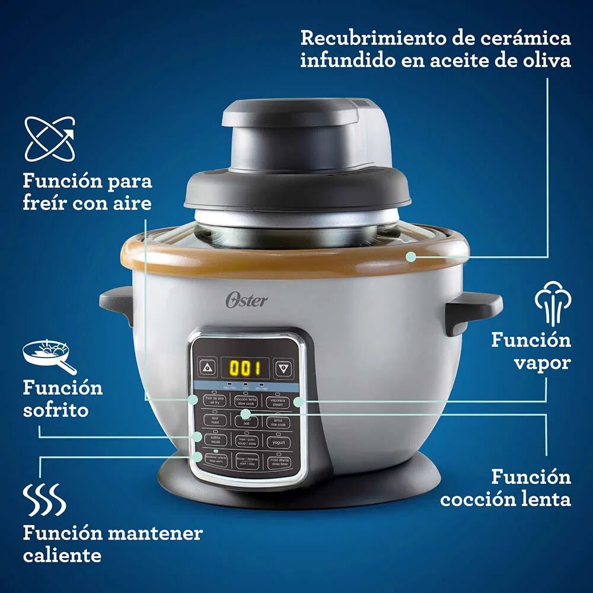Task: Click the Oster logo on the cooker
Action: (246, 300)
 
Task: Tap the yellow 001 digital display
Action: (246, 368)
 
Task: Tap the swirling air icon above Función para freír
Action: (50, 140)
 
